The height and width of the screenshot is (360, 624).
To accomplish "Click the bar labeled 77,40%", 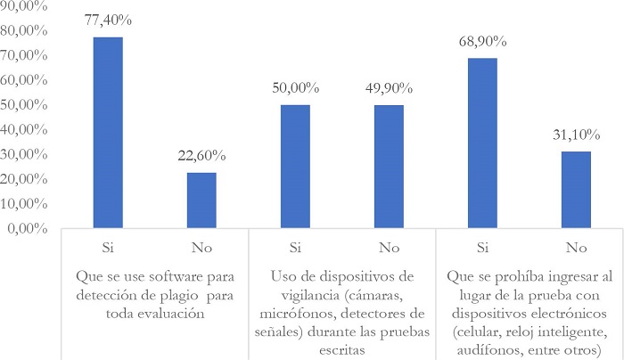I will pos(108,133).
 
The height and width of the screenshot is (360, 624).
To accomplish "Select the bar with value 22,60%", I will pos(201,200).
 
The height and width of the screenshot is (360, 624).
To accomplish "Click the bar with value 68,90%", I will pos(482,143).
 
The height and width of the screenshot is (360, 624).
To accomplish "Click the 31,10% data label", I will pos(576,137).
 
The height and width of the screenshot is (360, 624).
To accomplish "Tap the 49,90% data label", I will pos(389,90).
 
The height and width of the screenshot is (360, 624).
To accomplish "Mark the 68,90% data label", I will pos(482,43).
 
